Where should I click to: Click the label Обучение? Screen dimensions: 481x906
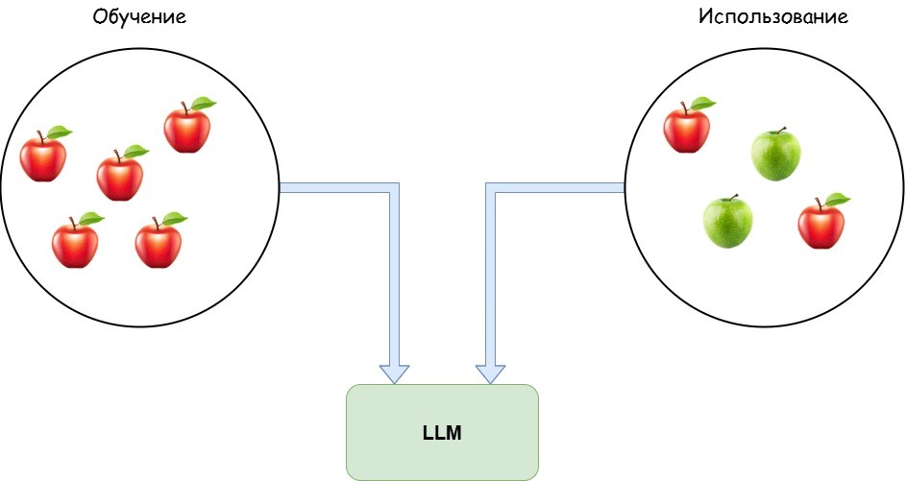pos(138,18)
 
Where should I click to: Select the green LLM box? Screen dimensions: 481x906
pos(442,432)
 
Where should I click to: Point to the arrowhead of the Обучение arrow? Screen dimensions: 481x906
pos(394,373)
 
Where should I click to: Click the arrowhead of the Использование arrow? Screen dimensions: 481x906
pos(490,373)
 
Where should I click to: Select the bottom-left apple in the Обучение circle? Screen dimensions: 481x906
pos(75,243)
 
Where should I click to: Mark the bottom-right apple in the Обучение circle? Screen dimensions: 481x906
pos(159,243)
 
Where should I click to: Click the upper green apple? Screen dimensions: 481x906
pos(775,155)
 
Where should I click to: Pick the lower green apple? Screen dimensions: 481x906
pos(727,222)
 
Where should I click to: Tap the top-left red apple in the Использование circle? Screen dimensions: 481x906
pos(687,129)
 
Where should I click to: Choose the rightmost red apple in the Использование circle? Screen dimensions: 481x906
pos(821,224)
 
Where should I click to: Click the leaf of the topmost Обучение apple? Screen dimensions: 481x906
pos(203,103)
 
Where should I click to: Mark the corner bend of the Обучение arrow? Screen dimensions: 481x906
pos(394,188)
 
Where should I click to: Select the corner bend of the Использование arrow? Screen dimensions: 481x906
pos(490,188)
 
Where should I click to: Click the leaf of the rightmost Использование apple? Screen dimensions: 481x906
pos(837,199)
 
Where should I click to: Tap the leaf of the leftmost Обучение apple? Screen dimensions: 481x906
pos(60,132)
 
